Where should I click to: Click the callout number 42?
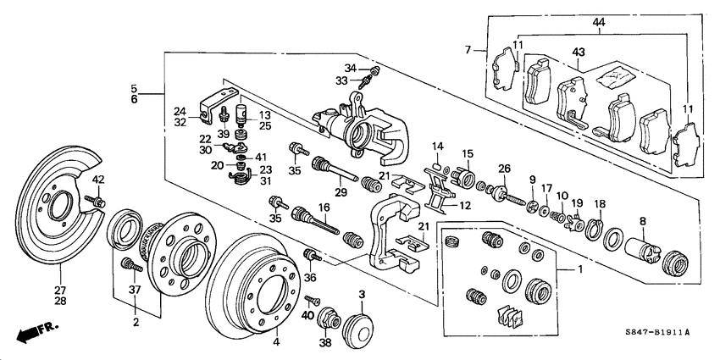[x=98, y=179]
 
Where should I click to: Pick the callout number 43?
[x=579, y=53]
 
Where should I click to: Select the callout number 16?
[x=323, y=207]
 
